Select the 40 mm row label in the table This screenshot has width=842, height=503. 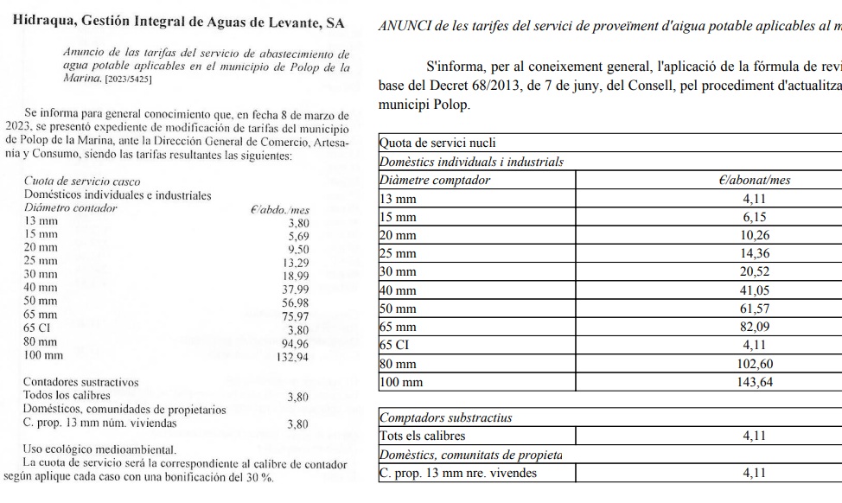coord(399,290)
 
